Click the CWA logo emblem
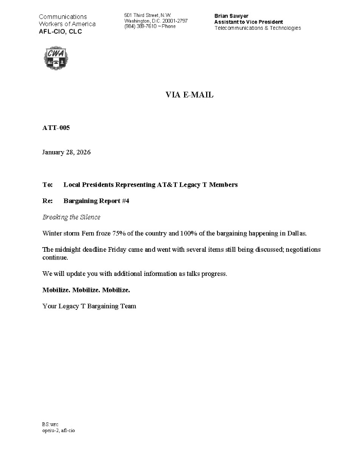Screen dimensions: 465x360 pyautogui.click(x=55, y=58)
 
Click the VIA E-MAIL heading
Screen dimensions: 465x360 pyautogui.click(x=189, y=95)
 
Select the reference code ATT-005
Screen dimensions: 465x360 pyautogui.click(x=56, y=127)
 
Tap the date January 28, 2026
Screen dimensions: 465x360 pyautogui.click(x=66, y=152)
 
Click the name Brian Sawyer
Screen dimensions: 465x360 pyautogui.click(x=231, y=16)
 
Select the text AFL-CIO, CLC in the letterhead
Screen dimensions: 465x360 pyautogui.click(x=60, y=32)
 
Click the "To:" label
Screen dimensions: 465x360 pyautogui.click(x=47, y=184)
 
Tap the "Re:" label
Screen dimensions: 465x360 pyautogui.click(x=47, y=201)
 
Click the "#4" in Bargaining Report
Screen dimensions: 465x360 pyautogui.click(x=125, y=201)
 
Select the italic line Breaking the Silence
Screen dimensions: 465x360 pyautogui.click(x=71, y=217)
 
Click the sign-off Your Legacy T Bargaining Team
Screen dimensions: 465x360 pyautogui.click(x=89, y=306)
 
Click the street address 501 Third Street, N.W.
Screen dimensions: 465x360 pyautogui.click(x=148, y=15)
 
